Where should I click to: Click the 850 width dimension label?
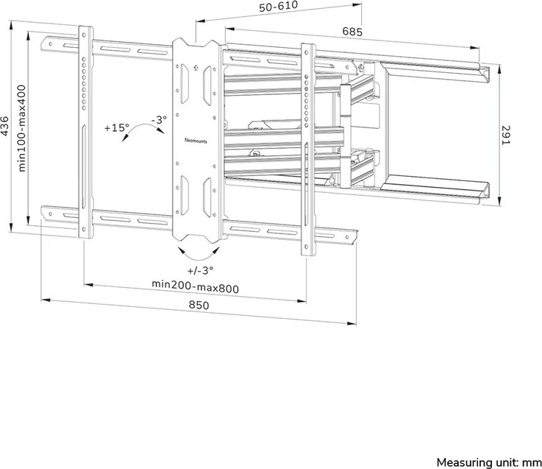coord(199,305)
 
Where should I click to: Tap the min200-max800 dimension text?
coord(196,286)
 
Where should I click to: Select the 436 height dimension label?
coord(4,127)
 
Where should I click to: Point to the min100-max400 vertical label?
coord(21,128)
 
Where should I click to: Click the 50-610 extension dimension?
coord(278,6)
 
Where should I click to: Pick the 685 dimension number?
coord(352,32)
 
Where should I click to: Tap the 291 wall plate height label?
coord(505,135)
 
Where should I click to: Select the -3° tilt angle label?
coord(159,120)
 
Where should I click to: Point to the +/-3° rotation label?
coord(200,270)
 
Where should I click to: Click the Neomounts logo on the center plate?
coord(196,141)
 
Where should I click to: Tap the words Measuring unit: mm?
coord(489,462)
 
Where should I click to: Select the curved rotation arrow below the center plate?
coord(199,255)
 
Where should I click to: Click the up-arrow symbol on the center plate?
coord(196,67)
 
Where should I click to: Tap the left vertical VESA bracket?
coord(85,133)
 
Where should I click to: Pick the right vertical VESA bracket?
coord(307,149)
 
